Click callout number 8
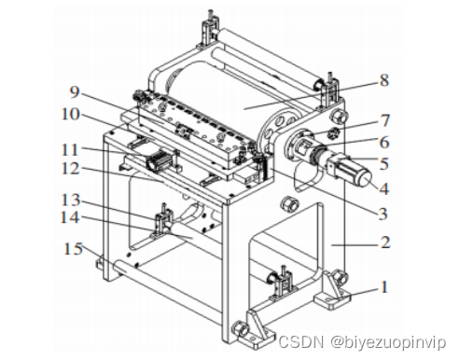point(384,80)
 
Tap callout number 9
point(75,92)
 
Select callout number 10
point(71,115)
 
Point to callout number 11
point(70,150)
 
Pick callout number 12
point(71,169)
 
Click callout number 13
point(71,200)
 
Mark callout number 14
point(70,217)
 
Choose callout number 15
point(73,249)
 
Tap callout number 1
point(384,287)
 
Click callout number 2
point(385,242)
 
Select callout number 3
point(383,215)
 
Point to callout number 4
point(384,188)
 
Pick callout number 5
point(384,164)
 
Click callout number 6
point(384,143)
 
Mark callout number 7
point(385,120)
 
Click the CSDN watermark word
point(300,342)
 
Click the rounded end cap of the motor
point(365,178)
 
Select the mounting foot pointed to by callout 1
point(332,291)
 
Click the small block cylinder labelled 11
point(161,159)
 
